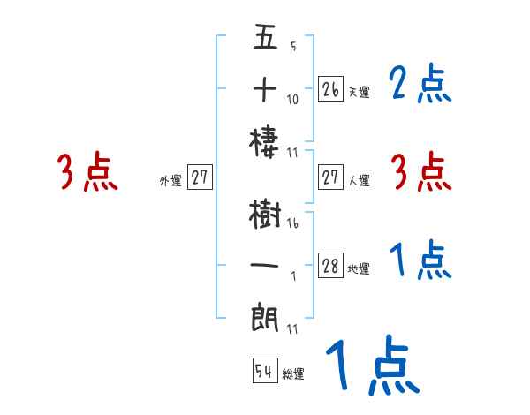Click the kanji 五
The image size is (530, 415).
coord(265,39)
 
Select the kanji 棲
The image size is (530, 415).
coord(265,140)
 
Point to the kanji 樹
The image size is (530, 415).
coord(265,215)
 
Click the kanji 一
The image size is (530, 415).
coord(265,265)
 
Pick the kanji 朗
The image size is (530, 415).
coord(265,316)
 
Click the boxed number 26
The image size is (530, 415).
coord(330,89)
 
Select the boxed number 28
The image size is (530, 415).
coord(330,267)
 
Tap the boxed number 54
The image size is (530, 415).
coord(264,372)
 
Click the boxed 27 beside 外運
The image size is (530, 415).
coord(201,177)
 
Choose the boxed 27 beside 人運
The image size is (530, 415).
coord(330,177)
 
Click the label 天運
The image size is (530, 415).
coord(359,92)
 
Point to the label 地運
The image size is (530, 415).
coord(359,269)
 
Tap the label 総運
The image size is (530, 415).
coord(293,374)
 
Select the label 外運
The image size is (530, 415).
coord(170,180)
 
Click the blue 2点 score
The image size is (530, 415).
coord(420,85)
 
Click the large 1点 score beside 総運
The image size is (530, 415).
coord(372,366)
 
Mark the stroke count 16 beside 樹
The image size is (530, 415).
coord(292,223)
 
